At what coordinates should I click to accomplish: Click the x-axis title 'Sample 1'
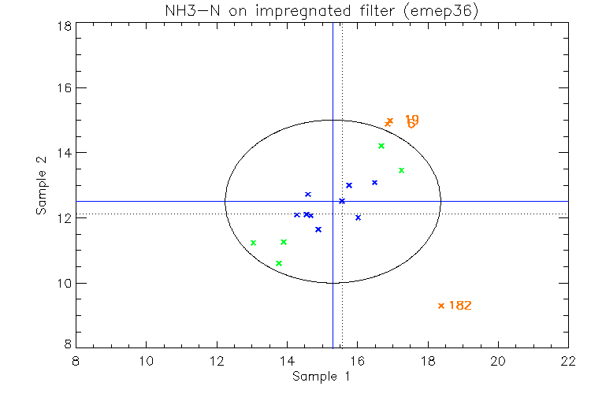click(321, 377)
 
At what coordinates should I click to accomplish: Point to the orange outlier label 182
click(460, 305)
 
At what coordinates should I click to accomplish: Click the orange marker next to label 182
click(441, 306)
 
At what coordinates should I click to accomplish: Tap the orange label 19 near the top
click(411, 119)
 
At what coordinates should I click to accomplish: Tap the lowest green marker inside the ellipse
click(279, 263)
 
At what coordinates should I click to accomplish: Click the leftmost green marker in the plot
click(253, 243)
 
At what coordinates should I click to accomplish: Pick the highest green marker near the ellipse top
click(381, 146)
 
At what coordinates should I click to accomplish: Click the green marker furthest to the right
click(401, 170)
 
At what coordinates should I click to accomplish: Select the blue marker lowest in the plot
click(318, 229)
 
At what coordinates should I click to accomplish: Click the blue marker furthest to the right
click(375, 183)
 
